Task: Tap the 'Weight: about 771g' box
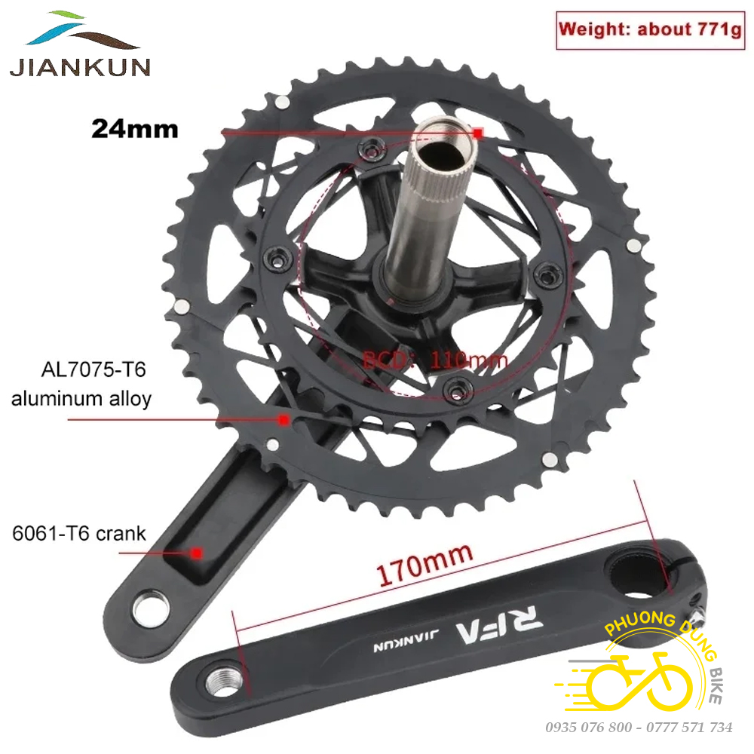[650, 30]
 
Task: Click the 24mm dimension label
[134, 128]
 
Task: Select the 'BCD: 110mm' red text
[435, 360]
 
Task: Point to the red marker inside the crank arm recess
[195, 552]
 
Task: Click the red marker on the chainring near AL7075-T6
[284, 418]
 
